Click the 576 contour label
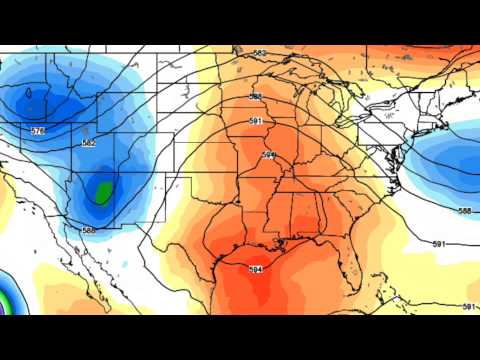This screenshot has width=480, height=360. (x=38, y=131)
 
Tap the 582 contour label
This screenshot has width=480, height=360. (x=89, y=144)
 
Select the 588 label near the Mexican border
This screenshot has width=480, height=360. (x=89, y=231)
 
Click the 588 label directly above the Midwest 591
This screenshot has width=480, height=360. (x=256, y=97)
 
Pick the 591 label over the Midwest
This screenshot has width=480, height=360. (x=256, y=121)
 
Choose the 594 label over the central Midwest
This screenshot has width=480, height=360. (x=269, y=155)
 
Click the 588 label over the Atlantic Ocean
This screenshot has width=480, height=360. (x=463, y=211)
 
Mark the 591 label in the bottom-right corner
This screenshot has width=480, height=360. (x=470, y=305)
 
